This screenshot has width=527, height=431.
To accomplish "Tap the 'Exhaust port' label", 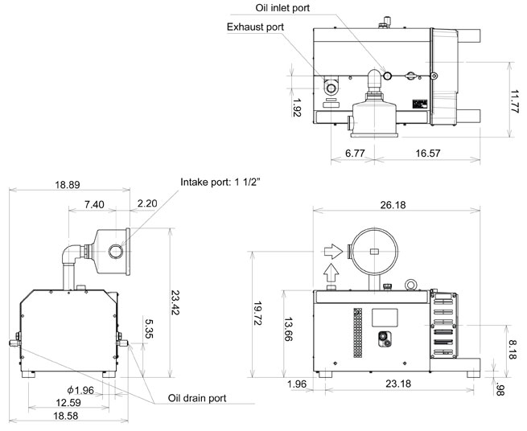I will click(x=254, y=27).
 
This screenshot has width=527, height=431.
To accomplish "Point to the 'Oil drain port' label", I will click(x=197, y=397).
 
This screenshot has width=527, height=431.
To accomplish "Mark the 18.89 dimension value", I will click(x=68, y=184).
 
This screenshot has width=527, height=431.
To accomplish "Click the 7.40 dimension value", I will click(x=94, y=205).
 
